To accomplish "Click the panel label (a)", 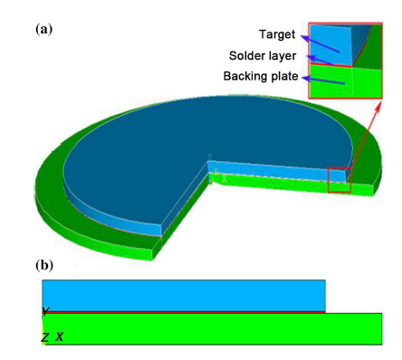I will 43,29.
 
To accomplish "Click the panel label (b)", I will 43,266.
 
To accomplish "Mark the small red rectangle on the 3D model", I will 339,179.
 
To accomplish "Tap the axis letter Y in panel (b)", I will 44,313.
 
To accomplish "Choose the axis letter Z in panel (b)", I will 44,337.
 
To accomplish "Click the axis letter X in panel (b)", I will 60,337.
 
